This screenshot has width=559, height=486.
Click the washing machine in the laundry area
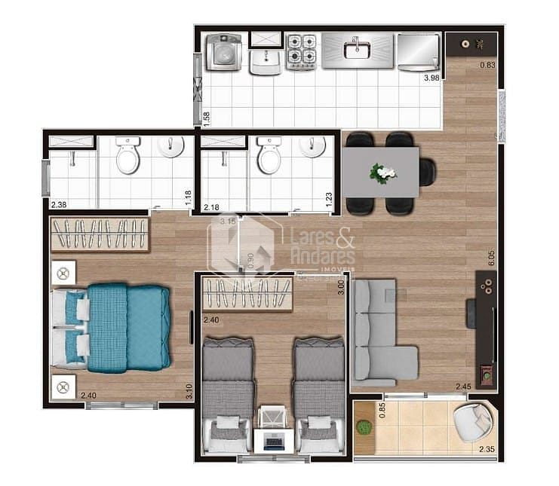click(x=224, y=53)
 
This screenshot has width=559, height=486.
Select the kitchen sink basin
click(x=353, y=50)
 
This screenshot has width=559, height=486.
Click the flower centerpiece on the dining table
click(x=382, y=173)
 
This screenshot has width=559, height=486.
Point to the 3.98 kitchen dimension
click(x=432, y=78)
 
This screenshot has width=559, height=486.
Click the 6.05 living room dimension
click(x=490, y=258)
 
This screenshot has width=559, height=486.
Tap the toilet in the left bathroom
click(x=127, y=156)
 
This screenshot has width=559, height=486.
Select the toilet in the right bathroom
click(x=269, y=155)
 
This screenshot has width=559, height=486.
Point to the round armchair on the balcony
click(x=474, y=422)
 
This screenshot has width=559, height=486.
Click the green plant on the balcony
click(x=364, y=427)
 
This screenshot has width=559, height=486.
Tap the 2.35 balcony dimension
click(x=487, y=450)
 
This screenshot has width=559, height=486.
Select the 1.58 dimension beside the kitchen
click(x=207, y=118)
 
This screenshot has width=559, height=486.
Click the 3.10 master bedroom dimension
click(x=189, y=392)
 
